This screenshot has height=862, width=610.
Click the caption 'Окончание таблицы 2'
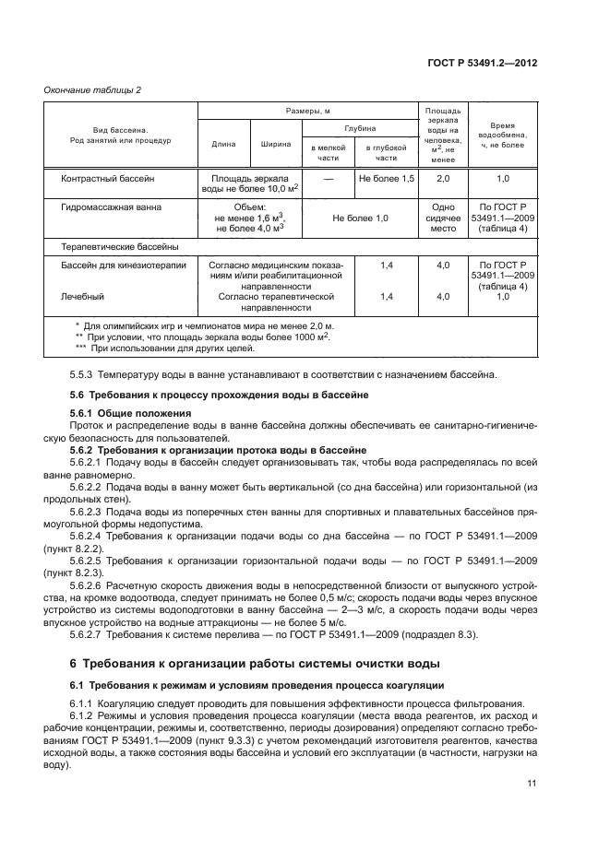tap(92, 89)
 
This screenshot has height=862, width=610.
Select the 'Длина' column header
tap(223, 144)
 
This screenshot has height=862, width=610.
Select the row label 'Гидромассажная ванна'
tap(105, 209)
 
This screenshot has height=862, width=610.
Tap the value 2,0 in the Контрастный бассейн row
tap(444, 176)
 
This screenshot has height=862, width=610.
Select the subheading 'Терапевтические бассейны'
tap(119, 246)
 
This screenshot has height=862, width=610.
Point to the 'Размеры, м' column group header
tap(306, 111)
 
